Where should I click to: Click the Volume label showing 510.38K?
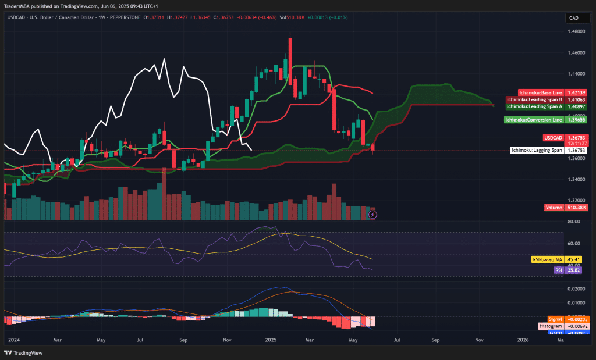[x=566, y=208]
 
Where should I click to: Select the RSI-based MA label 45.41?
[x=556, y=259]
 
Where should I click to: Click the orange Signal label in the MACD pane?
[x=556, y=319]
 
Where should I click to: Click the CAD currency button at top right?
[x=573, y=18]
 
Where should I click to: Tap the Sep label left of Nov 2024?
[x=183, y=338]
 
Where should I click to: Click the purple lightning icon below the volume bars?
[x=373, y=215]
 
